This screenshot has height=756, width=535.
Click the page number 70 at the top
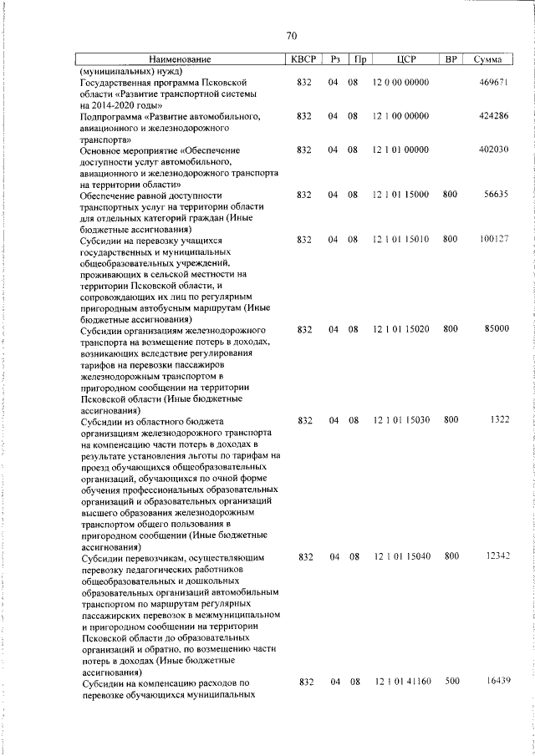tap(291, 36)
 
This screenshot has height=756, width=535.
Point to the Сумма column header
tap(487, 60)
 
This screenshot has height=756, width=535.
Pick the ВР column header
tap(451, 60)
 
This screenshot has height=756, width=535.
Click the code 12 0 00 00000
tap(401, 84)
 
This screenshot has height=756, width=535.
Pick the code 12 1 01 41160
tap(402, 682)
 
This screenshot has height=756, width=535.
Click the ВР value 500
tap(451, 682)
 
